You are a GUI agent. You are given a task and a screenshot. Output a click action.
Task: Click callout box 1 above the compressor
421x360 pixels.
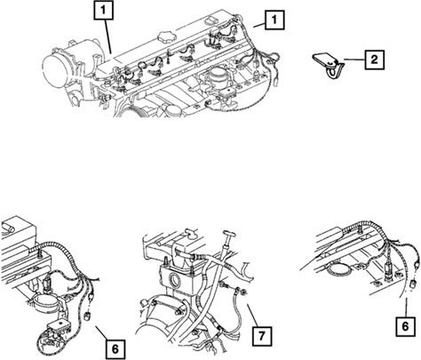(103, 11)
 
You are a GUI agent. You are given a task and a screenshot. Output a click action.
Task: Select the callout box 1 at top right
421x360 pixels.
(274, 20)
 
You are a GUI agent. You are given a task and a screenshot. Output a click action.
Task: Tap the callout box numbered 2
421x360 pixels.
(375, 60)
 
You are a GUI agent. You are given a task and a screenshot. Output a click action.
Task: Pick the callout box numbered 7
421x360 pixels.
(262, 336)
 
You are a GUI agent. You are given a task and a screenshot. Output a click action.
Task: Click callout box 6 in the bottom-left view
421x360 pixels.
(115, 349)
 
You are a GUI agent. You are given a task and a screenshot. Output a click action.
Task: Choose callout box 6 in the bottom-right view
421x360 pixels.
(405, 326)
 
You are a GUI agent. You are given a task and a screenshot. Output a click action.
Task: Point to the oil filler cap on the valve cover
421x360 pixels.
(164, 37)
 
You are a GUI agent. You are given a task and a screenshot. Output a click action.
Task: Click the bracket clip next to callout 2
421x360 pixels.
(329, 66)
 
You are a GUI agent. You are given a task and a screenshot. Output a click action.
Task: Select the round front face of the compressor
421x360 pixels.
(55, 69)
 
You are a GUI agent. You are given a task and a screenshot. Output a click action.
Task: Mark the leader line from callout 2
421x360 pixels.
(354, 60)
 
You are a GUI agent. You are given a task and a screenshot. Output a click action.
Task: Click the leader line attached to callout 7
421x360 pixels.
(250, 315)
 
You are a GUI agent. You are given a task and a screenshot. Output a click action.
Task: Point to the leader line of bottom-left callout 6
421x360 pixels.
(101, 333)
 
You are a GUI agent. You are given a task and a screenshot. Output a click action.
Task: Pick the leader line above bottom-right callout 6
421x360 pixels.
(405, 307)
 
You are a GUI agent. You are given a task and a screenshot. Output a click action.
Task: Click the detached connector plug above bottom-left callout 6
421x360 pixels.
(88, 316)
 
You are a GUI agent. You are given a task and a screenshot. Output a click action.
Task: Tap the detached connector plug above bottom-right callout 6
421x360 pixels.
(413, 285)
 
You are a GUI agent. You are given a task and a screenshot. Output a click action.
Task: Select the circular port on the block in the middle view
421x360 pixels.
(174, 279)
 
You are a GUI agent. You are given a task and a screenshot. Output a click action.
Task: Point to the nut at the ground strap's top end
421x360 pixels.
(241, 292)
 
